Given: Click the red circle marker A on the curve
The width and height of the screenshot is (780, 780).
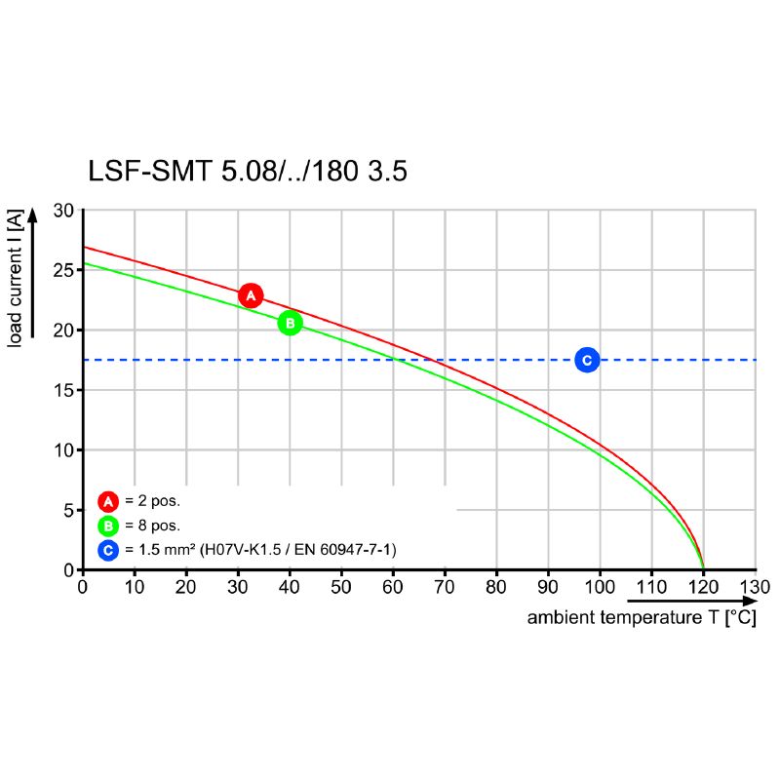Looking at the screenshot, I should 251,295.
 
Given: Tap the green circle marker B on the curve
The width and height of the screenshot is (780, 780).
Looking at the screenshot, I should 290,323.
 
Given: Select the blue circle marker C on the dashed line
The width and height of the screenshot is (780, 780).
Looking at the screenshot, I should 587,361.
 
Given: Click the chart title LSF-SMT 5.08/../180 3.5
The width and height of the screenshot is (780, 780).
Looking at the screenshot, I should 248,172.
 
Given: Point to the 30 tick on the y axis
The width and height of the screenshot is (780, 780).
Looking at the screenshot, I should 63,210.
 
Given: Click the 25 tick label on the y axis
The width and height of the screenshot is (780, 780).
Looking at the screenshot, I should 63,270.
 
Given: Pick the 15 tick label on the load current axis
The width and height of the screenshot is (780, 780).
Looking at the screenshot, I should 63,390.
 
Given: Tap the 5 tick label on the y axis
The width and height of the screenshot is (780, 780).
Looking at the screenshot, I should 68,510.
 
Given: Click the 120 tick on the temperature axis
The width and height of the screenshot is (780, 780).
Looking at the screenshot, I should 703,587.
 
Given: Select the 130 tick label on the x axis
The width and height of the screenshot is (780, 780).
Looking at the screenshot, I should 755,587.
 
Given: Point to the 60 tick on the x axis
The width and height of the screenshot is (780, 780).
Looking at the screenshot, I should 393,587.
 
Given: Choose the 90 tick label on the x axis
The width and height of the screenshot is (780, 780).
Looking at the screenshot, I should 548,587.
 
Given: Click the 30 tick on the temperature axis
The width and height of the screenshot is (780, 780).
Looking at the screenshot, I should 238,587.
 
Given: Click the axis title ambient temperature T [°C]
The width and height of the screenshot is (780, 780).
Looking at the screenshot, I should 641,618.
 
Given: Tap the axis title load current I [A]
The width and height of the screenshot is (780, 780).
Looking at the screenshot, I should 17,277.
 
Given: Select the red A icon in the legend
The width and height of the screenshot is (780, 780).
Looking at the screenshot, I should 107,501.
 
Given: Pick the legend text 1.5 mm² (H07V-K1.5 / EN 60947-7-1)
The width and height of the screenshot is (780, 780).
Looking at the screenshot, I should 260,551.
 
